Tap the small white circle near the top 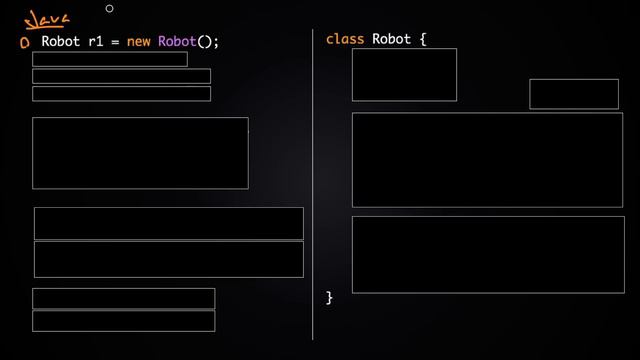109,9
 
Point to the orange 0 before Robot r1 24,43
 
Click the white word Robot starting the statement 60,42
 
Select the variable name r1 95,42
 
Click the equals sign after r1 116,42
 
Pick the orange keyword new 138,42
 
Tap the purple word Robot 177,42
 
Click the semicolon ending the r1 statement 215,43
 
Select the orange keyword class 345,39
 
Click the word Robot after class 392,39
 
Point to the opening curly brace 423,39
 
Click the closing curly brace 329,297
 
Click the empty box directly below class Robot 404,74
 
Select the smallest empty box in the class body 573,93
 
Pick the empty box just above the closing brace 487,254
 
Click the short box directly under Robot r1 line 109,59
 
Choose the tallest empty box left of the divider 140,153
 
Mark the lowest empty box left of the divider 123,321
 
